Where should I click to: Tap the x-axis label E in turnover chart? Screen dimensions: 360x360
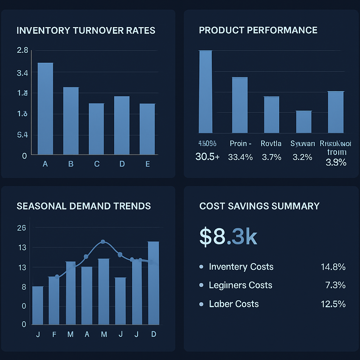(x=147, y=164)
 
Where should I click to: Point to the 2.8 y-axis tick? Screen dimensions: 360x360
(x=22, y=50)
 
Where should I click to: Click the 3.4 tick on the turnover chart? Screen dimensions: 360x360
(x=22, y=73)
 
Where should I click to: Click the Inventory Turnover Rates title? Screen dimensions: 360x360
(x=86, y=30)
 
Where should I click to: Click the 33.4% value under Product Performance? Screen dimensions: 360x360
(x=240, y=157)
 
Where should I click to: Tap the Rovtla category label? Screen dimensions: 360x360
(x=271, y=143)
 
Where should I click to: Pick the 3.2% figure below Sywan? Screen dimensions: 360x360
(x=302, y=157)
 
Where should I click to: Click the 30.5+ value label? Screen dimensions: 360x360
(x=207, y=157)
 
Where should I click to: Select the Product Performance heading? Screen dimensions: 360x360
(x=258, y=30)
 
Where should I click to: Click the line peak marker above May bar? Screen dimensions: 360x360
(x=103, y=242)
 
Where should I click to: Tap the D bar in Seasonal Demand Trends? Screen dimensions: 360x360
(x=154, y=283)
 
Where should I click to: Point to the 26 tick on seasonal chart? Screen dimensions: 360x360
(x=21, y=228)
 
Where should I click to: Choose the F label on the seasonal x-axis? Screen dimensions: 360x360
(x=54, y=334)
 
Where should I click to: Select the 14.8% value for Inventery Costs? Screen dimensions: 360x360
(x=333, y=267)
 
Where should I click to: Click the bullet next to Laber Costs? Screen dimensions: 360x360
(x=201, y=304)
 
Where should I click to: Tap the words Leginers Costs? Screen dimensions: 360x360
(x=240, y=285)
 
